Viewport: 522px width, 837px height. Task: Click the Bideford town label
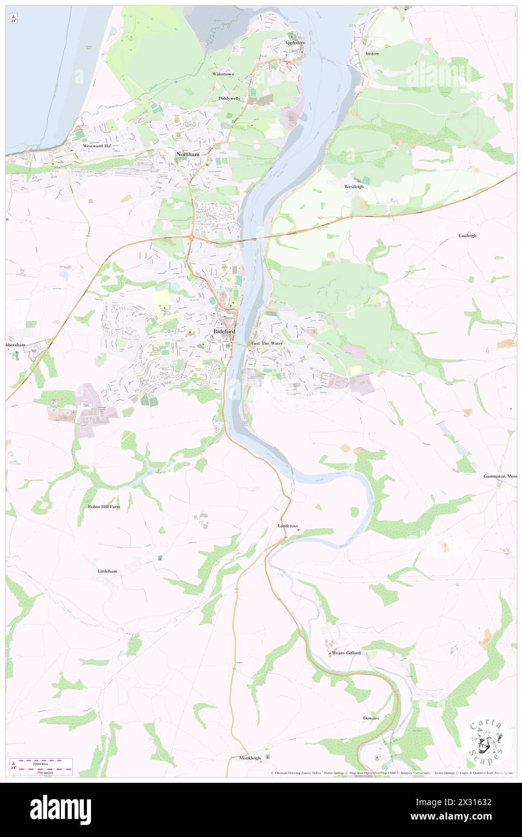(x=224, y=332)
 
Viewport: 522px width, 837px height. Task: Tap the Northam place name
(x=187, y=155)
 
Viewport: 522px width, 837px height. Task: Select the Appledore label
(x=295, y=43)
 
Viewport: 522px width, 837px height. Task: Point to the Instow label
(x=373, y=54)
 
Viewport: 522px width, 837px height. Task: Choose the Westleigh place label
(x=354, y=187)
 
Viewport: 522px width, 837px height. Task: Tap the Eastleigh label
(x=467, y=235)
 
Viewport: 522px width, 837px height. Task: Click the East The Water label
(x=267, y=343)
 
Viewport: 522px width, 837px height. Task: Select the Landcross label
(x=288, y=526)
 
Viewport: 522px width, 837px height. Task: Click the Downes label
(x=371, y=718)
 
